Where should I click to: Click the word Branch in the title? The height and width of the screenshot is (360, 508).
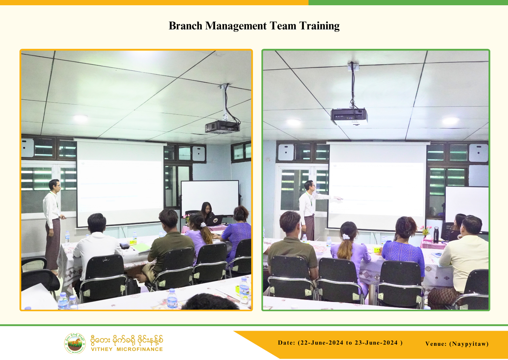pyautogui.click(x=185, y=26)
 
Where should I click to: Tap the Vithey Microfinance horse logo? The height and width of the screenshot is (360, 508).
pyautogui.click(x=75, y=343)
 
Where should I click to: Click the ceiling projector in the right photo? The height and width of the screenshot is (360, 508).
pyautogui.click(x=349, y=116)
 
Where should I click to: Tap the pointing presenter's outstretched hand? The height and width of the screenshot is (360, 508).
pyautogui.click(x=338, y=198)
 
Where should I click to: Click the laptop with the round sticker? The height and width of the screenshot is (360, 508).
pyautogui.click(x=215, y=220)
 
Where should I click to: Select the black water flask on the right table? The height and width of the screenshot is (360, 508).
pyautogui.click(x=436, y=235)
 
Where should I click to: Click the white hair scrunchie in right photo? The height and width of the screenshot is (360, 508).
pyautogui.click(x=346, y=237)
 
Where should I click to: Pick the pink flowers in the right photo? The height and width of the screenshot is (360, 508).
pyautogui.click(x=425, y=229)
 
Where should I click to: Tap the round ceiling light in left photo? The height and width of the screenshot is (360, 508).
pyautogui.click(x=80, y=118)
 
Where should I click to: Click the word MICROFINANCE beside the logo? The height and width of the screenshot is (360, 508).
pyautogui.click(x=140, y=349)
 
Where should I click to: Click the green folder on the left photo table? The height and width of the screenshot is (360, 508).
pyautogui.click(x=141, y=247)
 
